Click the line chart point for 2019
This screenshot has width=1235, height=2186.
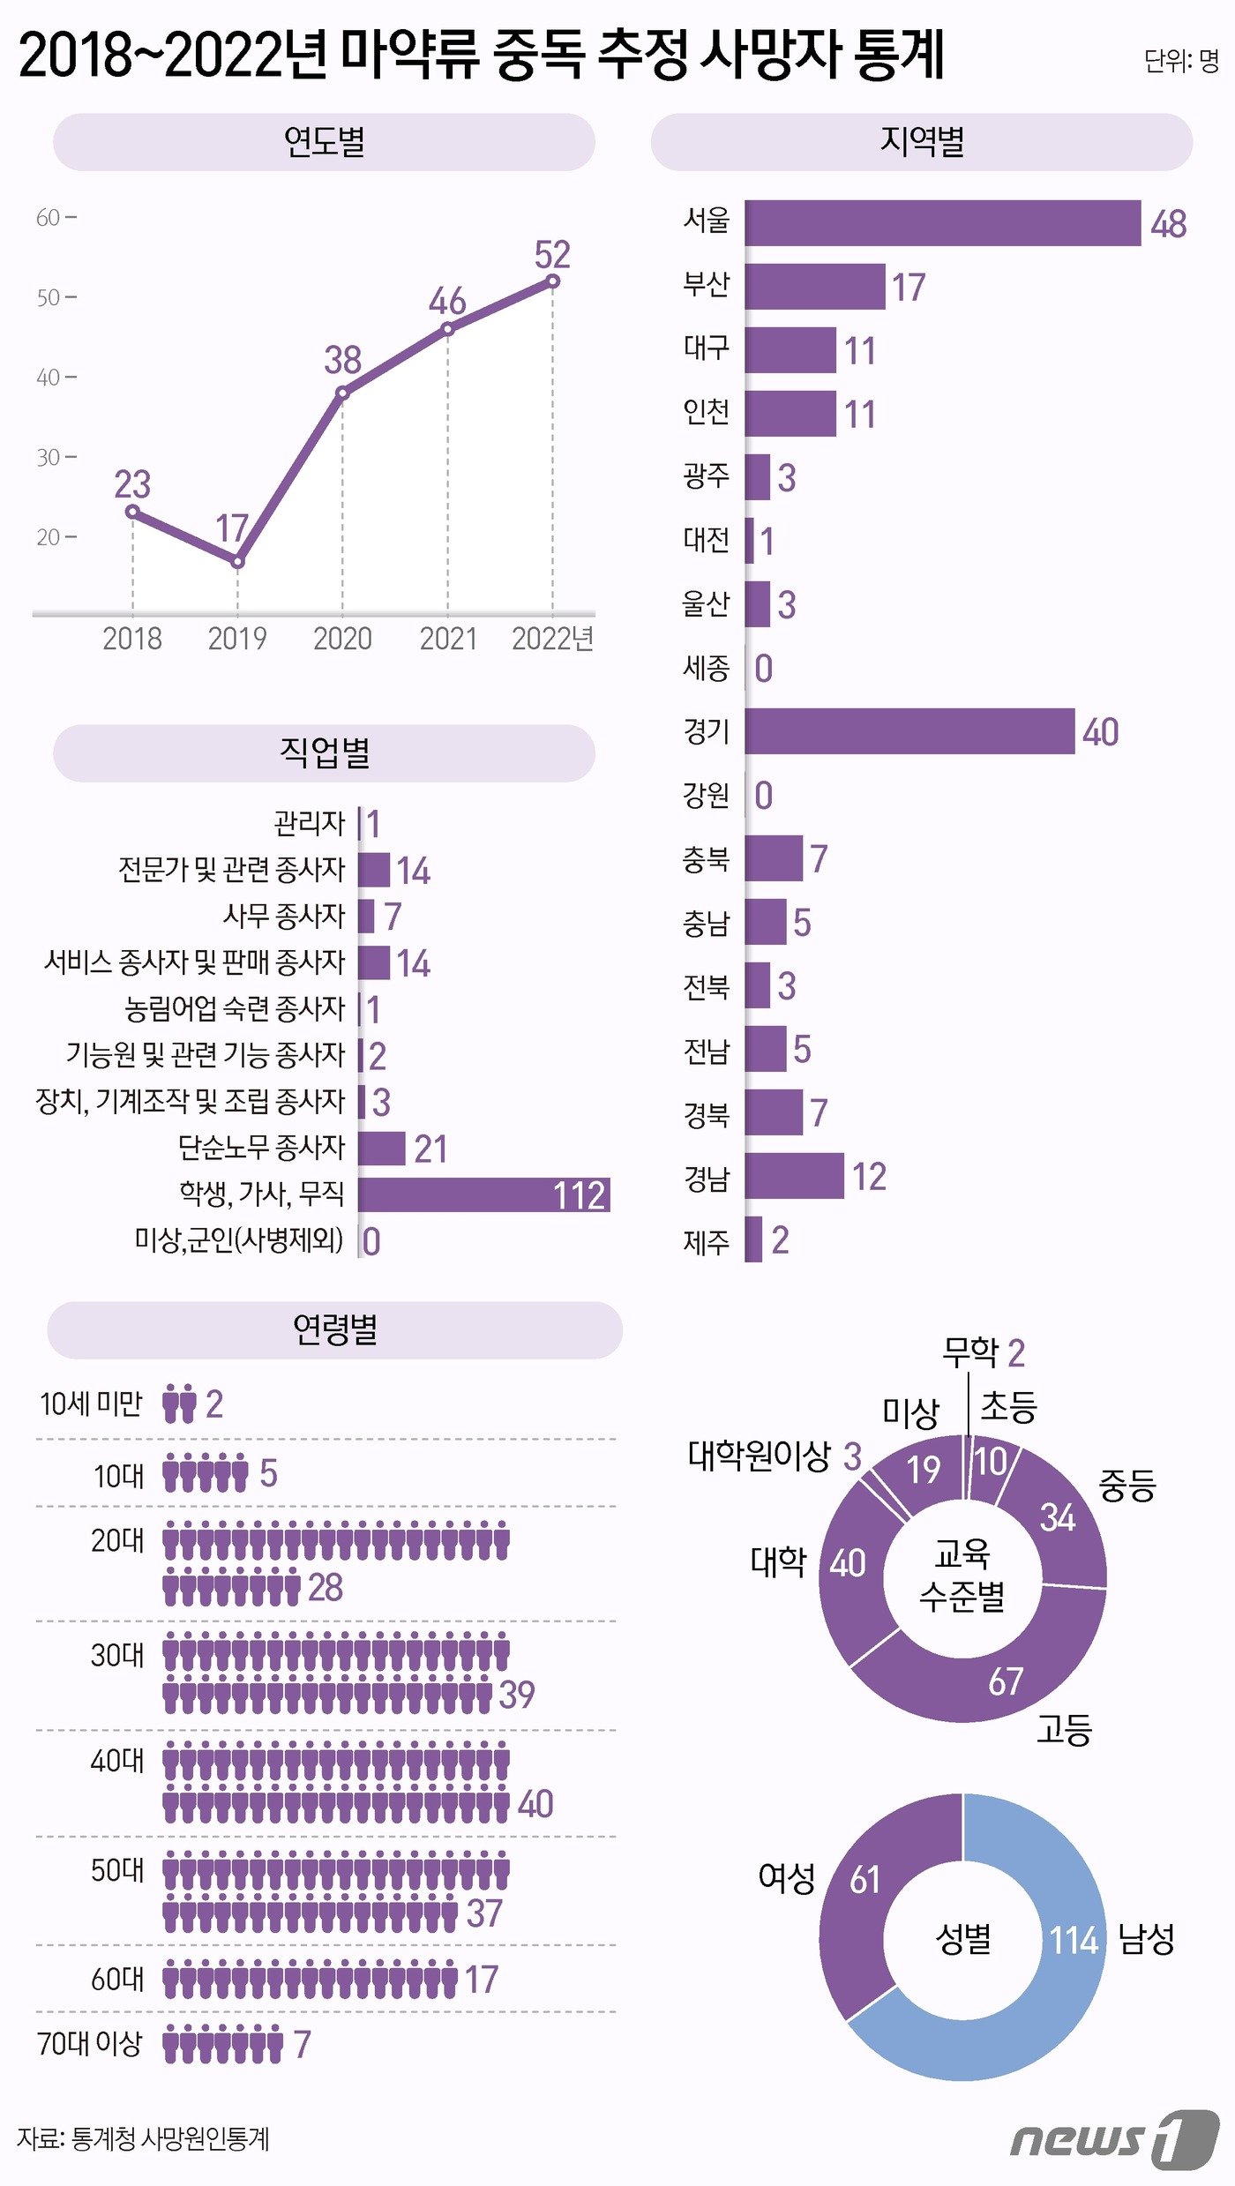tap(237, 561)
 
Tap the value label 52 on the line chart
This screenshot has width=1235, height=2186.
tap(552, 255)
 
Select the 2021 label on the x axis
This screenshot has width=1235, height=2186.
tap(447, 638)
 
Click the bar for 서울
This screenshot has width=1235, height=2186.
tap(941, 223)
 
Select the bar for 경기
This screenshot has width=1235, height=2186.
tap(909, 731)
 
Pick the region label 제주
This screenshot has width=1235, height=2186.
tap(706, 1241)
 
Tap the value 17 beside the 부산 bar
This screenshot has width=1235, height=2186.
tap(908, 288)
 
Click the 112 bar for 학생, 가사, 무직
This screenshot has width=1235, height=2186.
tap(483, 1194)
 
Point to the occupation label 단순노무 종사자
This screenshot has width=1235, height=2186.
tap(261, 1148)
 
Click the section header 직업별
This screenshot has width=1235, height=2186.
tap(324, 752)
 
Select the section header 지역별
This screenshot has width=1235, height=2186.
tap(921, 141)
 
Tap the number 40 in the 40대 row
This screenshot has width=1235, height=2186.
tap(535, 1804)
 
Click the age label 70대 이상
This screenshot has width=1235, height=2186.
tap(90, 2043)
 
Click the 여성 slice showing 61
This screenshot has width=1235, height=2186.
tap(860, 1905)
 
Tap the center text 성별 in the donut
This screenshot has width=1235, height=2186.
tap(962, 1938)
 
